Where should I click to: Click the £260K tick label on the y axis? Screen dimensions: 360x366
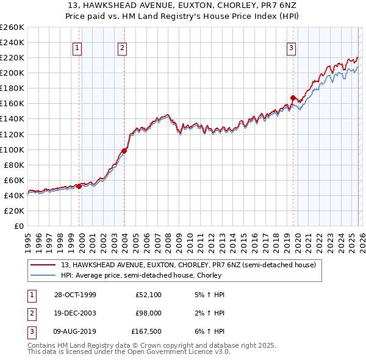pyautogui.click(x=12, y=27)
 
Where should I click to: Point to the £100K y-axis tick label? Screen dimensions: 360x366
pyautogui.click(x=12, y=149)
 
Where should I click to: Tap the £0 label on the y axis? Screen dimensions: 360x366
pyautogui.click(x=18, y=226)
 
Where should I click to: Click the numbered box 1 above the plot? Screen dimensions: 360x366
pyautogui.click(x=78, y=48)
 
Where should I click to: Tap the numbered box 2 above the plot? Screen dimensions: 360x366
pyautogui.click(x=123, y=48)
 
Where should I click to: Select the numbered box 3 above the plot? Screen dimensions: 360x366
pyautogui.click(x=292, y=48)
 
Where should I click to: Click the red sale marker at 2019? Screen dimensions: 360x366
pyautogui.click(x=293, y=98)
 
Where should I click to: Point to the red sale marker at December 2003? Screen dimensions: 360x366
pyautogui.click(x=124, y=151)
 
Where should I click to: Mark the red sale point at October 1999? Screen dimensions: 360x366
pyautogui.click(x=79, y=187)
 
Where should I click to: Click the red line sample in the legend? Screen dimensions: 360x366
pyautogui.click(x=43, y=265)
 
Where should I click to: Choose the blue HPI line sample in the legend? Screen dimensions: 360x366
pyautogui.click(x=43, y=276)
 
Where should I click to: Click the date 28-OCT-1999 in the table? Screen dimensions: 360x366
pyautogui.click(x=75, y=295)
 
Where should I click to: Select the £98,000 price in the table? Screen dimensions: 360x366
pyautogui.click(x=148, y=313)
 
